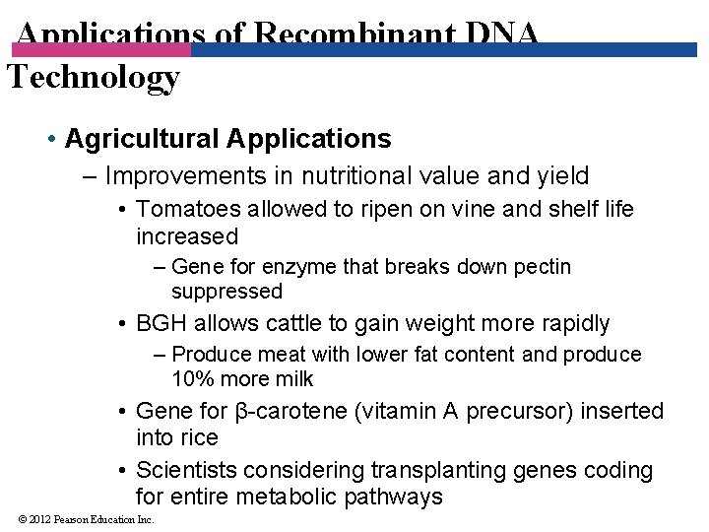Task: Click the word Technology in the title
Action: click(94, 76)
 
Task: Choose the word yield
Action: click(558, 176)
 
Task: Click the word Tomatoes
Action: click(188, 209)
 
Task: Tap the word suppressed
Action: click(226, 292)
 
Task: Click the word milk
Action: click(292, 379)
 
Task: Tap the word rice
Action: click(198, 436)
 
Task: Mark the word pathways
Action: click(393, 497)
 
